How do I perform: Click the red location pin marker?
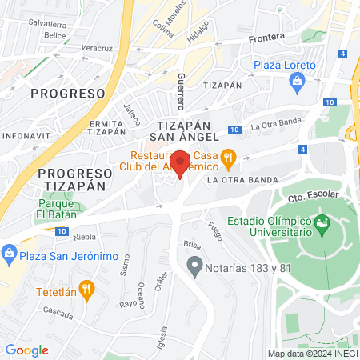[181, 164]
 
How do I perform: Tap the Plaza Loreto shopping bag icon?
[297, 80]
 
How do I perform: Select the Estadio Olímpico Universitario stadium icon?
[322, 221]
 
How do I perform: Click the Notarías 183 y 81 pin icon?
[194, 265]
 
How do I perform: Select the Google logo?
[26, 350]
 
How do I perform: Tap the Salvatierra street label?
[46, 24]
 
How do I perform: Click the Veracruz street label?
[96, 49]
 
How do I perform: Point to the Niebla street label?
[84, 237]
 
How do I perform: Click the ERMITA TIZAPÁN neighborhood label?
[106, 127]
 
